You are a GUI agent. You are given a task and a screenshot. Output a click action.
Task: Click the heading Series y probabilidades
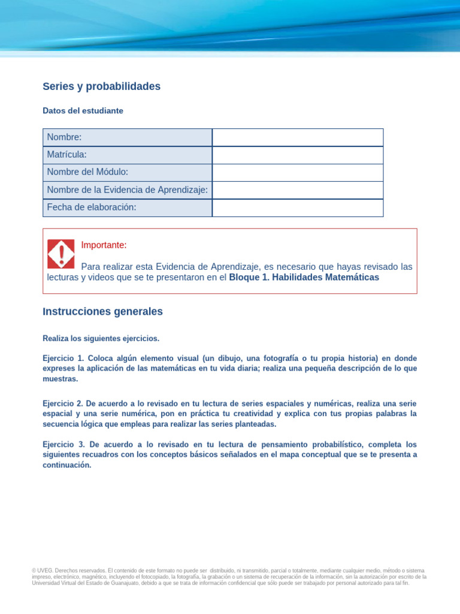[x=101, y=86]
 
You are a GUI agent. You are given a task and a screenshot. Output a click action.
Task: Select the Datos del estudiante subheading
[x=83, y=111]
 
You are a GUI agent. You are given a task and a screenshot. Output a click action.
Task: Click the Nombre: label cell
[x=127, y=137]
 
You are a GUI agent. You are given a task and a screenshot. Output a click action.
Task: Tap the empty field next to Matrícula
[x=298, y=155]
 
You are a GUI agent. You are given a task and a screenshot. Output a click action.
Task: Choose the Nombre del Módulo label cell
[x=127, y=172]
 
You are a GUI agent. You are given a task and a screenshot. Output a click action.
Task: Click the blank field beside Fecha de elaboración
[x=298, y=207]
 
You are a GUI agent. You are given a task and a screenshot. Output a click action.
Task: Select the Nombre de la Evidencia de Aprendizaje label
[x=127, y=190]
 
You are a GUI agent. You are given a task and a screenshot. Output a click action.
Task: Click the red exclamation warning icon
[x=60, y=254]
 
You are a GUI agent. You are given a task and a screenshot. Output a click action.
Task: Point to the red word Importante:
[x=104, y=245]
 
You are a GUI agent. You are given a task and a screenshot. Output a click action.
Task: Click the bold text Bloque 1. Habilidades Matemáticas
[x=304, y=278]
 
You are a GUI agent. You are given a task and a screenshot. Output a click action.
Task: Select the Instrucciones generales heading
[x=102, y=312]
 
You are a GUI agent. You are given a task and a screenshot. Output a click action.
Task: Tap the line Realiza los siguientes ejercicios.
[x=101, y=339]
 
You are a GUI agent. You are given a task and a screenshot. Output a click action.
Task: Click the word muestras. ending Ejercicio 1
[x=60, y=379]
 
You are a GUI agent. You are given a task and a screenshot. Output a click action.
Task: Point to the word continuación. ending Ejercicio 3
[x=66, y=465]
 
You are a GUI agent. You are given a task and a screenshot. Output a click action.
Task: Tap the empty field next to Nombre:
[x=298, y=137]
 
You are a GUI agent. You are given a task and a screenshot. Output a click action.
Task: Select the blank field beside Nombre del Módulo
[x=298, y=172]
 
